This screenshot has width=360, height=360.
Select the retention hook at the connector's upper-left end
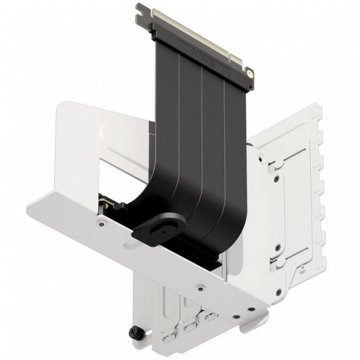tap(141, 9)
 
